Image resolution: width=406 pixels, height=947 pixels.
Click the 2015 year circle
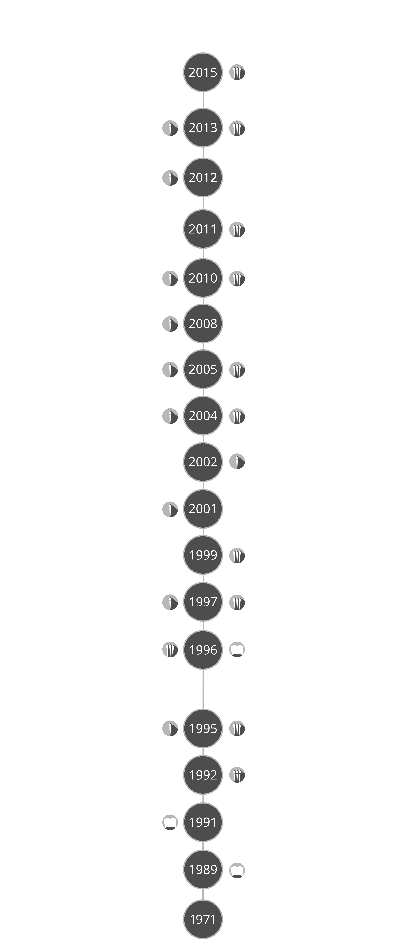click(x=203, y=72)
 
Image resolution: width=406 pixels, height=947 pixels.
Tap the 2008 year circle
click(x=203, y=323)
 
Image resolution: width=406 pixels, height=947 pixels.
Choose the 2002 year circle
click(x=203, y=462)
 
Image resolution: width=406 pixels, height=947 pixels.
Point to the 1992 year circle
click(x=203, y=775)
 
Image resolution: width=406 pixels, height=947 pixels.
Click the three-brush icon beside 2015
click(x=237, y=72)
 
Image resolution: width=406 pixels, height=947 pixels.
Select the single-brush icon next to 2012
click(x=170, y=178)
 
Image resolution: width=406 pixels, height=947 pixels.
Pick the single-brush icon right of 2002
click(x=237, y=461)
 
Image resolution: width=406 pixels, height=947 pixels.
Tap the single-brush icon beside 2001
click(x=170, y=509)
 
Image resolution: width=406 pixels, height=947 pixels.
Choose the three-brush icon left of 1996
click(x=170, y=650)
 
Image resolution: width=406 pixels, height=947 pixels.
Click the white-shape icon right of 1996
click(x=237, y=650)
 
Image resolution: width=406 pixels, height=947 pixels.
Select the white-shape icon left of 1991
click(x=170, y=822)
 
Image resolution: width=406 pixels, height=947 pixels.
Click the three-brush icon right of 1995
click(x=237, y=728)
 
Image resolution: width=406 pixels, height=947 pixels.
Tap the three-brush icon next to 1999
click(x=237, y=555)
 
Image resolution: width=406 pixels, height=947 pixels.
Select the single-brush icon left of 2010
click(x=170, y=278)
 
